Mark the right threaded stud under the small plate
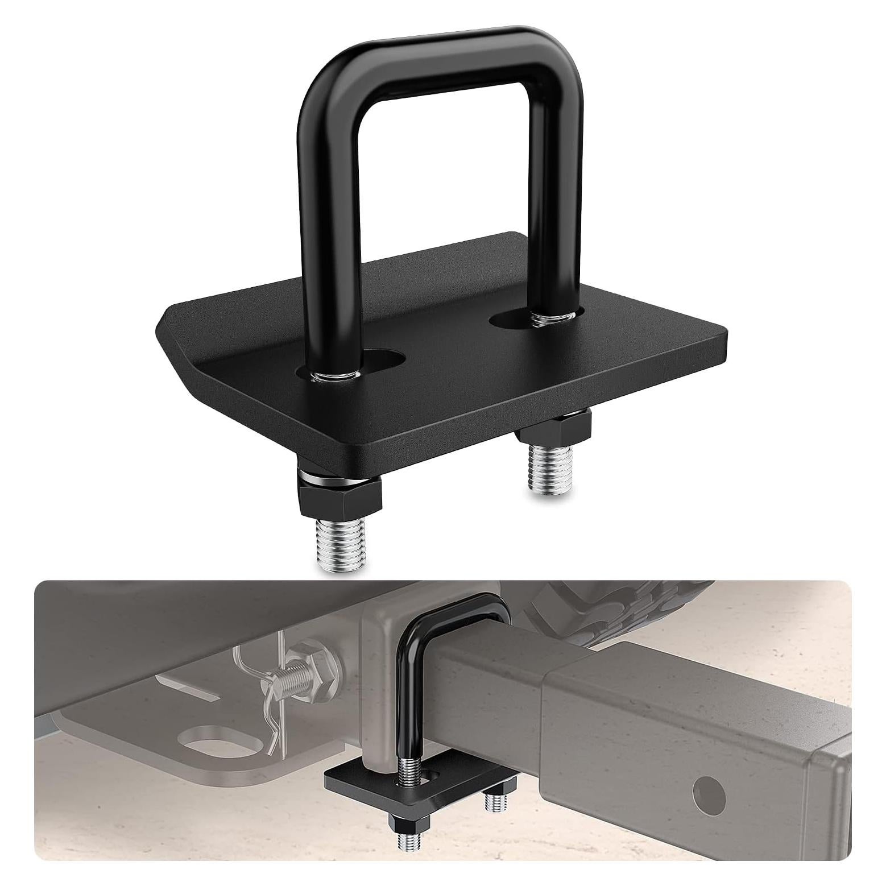point(494,802)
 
